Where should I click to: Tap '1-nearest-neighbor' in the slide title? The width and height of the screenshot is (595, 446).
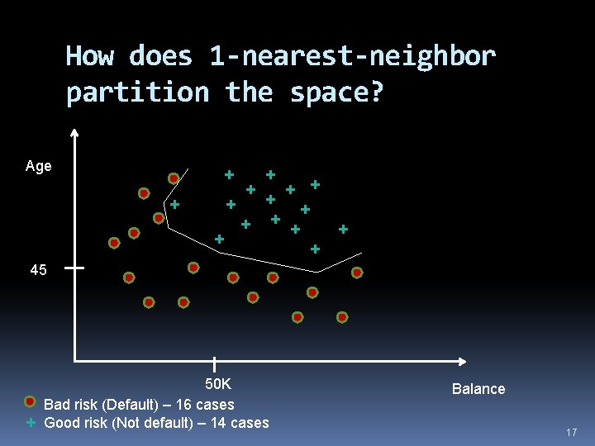(353, 56)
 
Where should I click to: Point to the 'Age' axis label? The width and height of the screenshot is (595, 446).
(38, 166)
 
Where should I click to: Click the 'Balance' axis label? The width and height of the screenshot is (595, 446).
(478, 389)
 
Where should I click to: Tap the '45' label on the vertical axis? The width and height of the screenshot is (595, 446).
(38, 270)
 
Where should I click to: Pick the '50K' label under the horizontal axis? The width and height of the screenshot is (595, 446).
(218, 385)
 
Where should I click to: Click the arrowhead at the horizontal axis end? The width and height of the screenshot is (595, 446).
(464, 361)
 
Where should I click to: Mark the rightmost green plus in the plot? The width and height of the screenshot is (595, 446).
(343, 229)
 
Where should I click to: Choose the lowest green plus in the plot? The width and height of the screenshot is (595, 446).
(315, 249)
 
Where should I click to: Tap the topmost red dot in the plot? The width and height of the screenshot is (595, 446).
(174, 178)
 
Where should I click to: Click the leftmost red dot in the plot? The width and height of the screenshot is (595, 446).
(114, 243)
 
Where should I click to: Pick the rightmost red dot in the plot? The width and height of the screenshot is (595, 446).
(357, 273)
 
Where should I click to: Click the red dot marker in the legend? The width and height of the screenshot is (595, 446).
(30, 402)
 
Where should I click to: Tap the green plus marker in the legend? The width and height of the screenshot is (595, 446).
(30, 422)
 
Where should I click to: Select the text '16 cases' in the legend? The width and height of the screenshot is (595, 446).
(207, 405)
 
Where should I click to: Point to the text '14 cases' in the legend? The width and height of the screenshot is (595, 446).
(242, 423)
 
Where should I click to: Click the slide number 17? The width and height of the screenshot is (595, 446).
(571, 433)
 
